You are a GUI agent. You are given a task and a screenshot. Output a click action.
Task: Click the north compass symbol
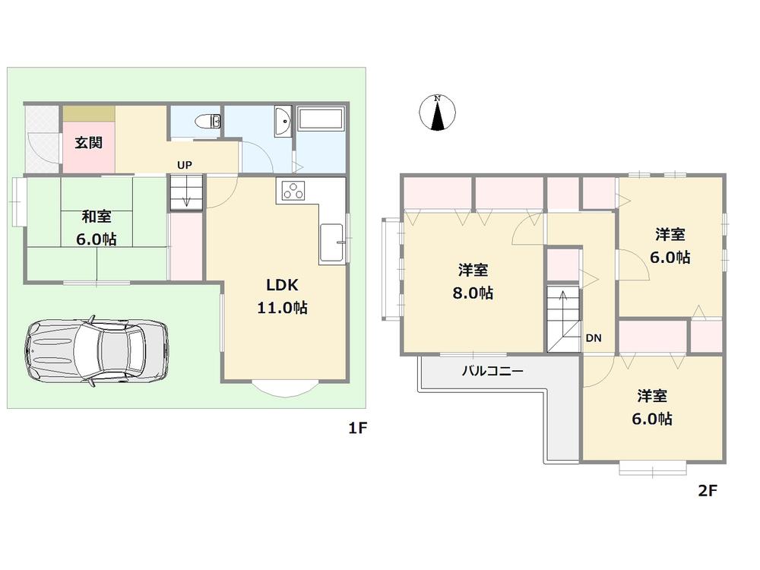coord(438,112)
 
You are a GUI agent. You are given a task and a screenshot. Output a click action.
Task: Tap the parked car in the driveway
coord(97,350)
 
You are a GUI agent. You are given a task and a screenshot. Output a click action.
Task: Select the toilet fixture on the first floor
coord(207,122)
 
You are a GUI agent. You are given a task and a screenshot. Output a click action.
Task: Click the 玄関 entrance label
coord(88,142)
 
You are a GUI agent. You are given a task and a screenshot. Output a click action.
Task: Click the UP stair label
coord(184,164)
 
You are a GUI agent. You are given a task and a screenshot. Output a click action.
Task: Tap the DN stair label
coord(594,338)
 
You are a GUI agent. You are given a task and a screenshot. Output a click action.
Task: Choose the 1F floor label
coord(358,429)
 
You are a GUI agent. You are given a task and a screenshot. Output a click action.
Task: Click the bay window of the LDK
coord(283,386)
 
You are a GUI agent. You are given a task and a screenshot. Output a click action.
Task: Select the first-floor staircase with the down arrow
coord(187,192)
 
